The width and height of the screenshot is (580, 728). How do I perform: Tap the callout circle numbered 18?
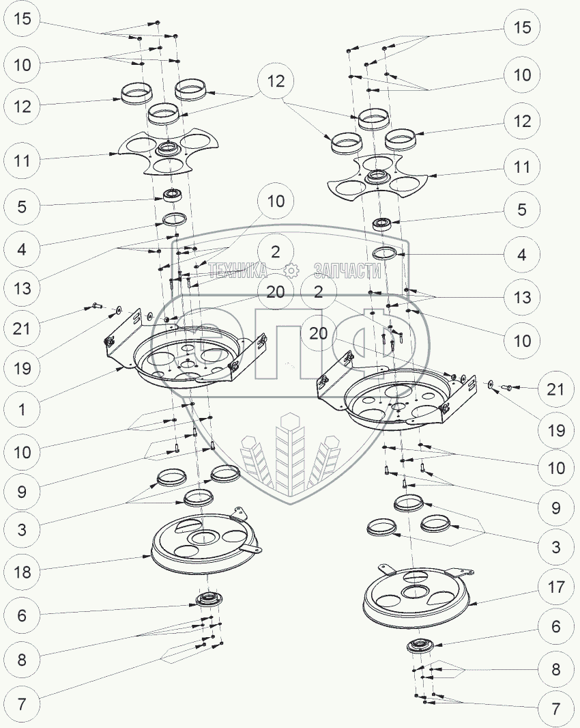click(x=23, y=572)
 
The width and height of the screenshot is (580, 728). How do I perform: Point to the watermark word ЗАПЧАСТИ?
click(x=347, y=271)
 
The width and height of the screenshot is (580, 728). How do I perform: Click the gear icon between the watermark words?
click(x=291, y=271)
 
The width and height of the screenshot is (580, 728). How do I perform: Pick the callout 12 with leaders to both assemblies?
click(x=276, y=81)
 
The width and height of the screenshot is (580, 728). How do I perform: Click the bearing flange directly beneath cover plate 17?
click(x=418, y=646)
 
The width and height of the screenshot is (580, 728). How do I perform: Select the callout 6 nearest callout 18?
click(x=23, y=615)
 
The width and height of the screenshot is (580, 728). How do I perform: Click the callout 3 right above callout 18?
click(x=23, y=529)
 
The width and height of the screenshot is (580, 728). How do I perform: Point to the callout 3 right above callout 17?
click(x=555, y=547)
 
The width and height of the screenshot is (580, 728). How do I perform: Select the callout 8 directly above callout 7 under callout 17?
click(x=555, y=669)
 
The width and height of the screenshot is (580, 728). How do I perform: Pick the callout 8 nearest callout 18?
click(x=23, y=660)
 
